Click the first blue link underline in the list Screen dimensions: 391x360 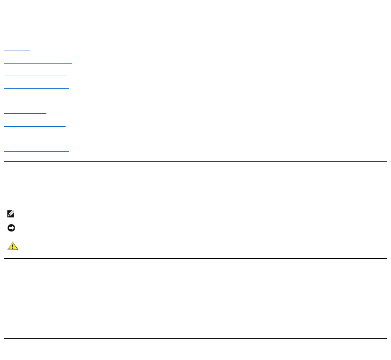[17, 51]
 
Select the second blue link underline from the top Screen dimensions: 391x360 [38, 63]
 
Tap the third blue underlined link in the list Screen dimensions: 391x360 [35, 76]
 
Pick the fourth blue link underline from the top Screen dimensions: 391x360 [36, 88]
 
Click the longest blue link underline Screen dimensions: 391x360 [41, 101]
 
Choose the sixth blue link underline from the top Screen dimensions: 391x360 [25, 113]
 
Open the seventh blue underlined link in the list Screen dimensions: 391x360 [35, 126]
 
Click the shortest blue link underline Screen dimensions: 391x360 [9, 138]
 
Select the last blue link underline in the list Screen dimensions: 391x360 [36, 151]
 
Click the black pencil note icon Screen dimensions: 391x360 [11, 214]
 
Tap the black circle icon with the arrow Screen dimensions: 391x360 [11, 228]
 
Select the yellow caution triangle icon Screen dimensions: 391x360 [13, 246]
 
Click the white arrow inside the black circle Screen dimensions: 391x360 [11, 228]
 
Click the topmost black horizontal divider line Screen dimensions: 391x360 [195, 162]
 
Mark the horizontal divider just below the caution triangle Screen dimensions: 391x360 [195, 258]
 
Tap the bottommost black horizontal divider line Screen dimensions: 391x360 [195, 338]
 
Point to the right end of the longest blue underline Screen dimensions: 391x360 [79, 101]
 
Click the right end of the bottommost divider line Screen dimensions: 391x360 [386, 338]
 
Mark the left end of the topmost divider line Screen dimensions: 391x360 [5, 162]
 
